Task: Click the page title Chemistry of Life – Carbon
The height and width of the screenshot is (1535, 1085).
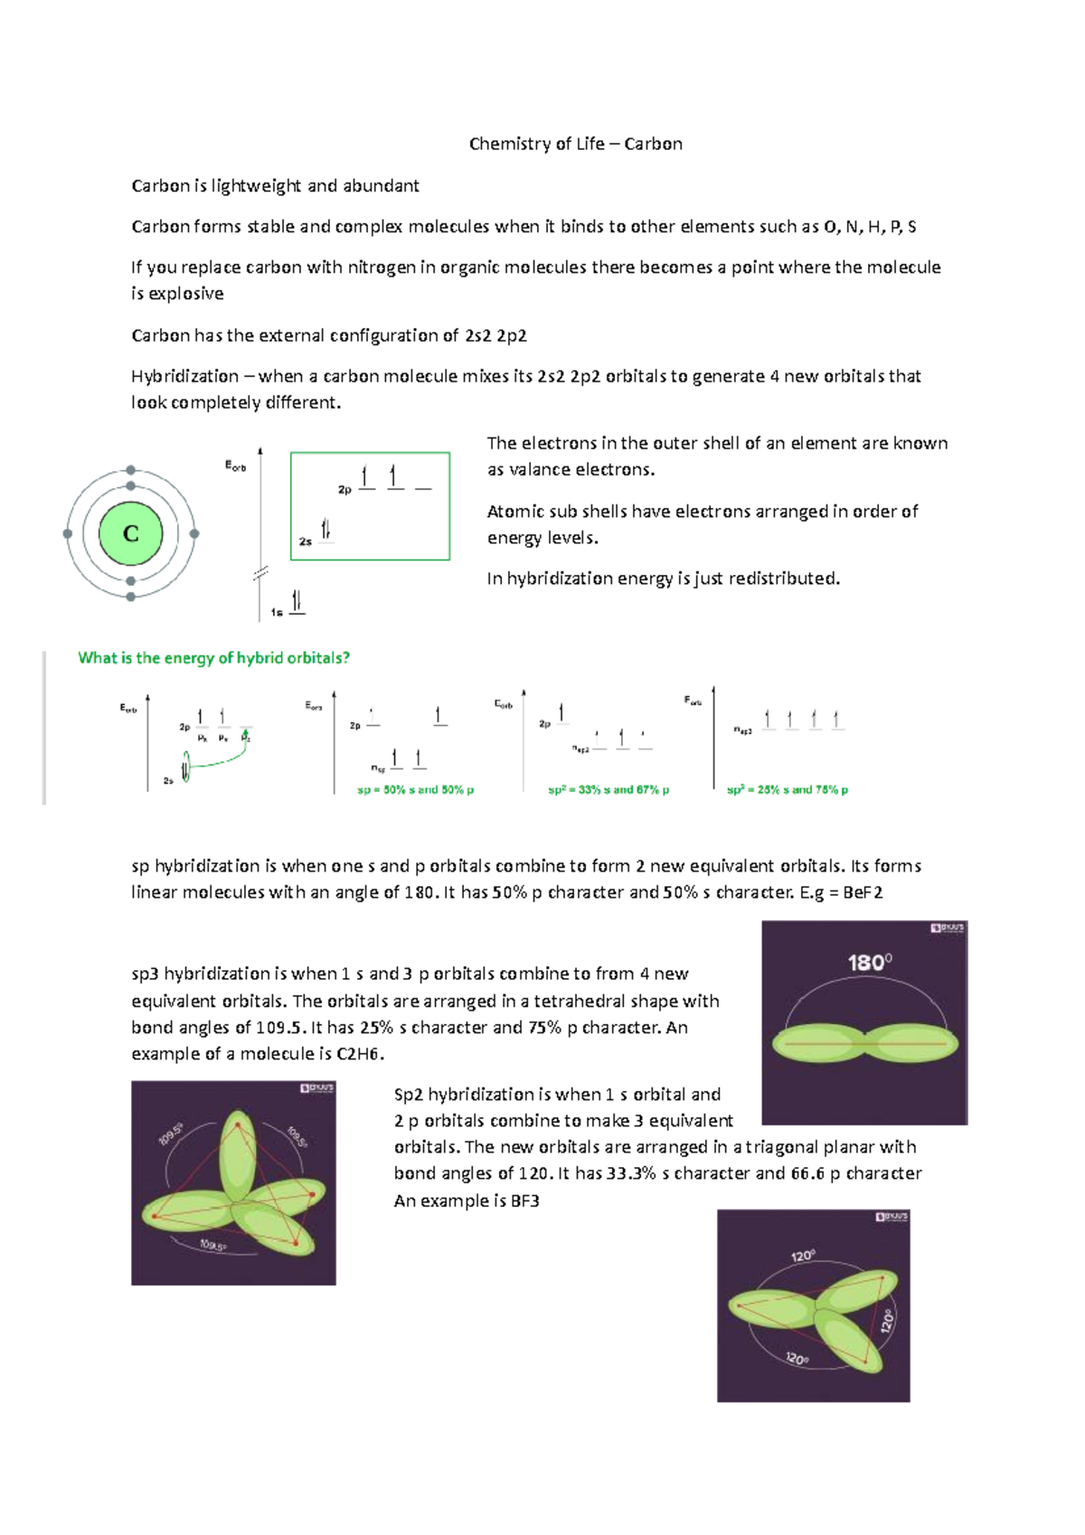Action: click(575, 144)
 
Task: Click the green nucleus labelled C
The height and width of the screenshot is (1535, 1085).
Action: click(130, 533)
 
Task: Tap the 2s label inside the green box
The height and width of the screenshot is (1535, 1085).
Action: click(306, 541)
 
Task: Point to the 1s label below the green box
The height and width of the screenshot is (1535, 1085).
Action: click(277, 612)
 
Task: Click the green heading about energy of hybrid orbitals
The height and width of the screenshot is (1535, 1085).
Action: click(213, 658)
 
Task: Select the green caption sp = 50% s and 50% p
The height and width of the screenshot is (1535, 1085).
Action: click(415, 789)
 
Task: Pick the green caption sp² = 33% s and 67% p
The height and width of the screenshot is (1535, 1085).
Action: click(609, 789)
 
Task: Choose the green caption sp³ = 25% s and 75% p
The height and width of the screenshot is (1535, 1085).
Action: click(788, 789)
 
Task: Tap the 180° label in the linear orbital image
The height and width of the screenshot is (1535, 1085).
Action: click(869, 963)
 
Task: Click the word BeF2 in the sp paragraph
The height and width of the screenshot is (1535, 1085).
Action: click(863, 892)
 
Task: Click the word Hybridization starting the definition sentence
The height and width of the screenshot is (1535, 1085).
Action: click(184, 376)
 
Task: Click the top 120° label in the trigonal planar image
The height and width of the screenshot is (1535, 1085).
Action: click(803, 1256)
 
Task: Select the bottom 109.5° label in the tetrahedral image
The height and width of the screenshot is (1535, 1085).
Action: click(213, 1246)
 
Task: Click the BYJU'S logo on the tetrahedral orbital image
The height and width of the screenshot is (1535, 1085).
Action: click(317, 1088)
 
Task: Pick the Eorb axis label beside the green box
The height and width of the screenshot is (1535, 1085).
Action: click(235, 466)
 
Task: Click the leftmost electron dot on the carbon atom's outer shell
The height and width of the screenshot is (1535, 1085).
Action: click(68, 533)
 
